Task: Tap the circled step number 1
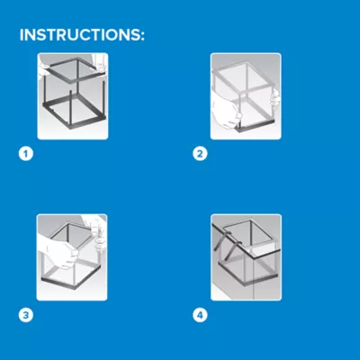pos(26,154)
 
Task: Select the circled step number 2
pos(200,154)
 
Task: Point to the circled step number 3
pos(26,315)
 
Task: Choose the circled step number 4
pos(200,315)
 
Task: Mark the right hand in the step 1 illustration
pos(100,64)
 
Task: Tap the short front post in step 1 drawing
pos(70,109)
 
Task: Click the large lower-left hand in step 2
pos(226,111)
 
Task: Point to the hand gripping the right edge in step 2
pos(274,97)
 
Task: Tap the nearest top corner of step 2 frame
pos(239,93)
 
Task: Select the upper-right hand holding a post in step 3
pos(95,231)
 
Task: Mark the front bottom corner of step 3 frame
pos(75,289)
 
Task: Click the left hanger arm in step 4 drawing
pos(220,239)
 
